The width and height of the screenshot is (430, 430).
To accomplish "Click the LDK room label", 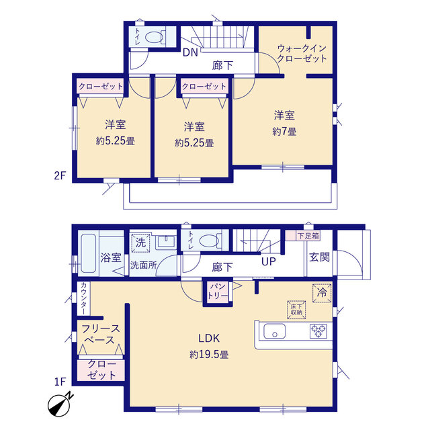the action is coord(209,339).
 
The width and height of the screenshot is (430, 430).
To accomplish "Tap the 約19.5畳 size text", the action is coord(209,355).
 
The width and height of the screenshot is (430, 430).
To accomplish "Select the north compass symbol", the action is coord(60,404).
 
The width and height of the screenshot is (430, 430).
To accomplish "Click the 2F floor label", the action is coord(60,175).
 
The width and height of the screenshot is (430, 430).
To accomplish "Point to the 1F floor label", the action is coord(60,382).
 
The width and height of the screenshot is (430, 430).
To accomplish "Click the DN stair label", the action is coord(190,52).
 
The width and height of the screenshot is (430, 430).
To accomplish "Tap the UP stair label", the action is coord(269,261).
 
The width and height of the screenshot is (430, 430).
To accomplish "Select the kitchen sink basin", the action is coord(274,331).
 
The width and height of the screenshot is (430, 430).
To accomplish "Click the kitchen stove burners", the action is coord(318,331).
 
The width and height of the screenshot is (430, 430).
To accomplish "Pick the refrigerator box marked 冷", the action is coord(322,293).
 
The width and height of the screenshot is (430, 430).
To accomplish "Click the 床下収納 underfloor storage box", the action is coord(296,310).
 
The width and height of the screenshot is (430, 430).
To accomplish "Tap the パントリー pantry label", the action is coord(218,291).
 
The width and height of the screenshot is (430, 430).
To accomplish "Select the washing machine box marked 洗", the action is coord(140,243).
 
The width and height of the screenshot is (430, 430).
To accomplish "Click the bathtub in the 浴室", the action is coord(89,253).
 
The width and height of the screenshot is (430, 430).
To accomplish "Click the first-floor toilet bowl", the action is coord(209,241).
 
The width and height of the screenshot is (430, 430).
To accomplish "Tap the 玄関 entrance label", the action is coord(319,257).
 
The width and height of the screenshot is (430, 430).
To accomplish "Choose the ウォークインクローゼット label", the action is coord(302,54).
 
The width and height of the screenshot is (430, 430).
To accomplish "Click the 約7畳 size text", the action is coord(284,132).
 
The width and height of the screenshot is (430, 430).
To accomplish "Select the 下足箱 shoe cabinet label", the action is coord(308,236).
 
